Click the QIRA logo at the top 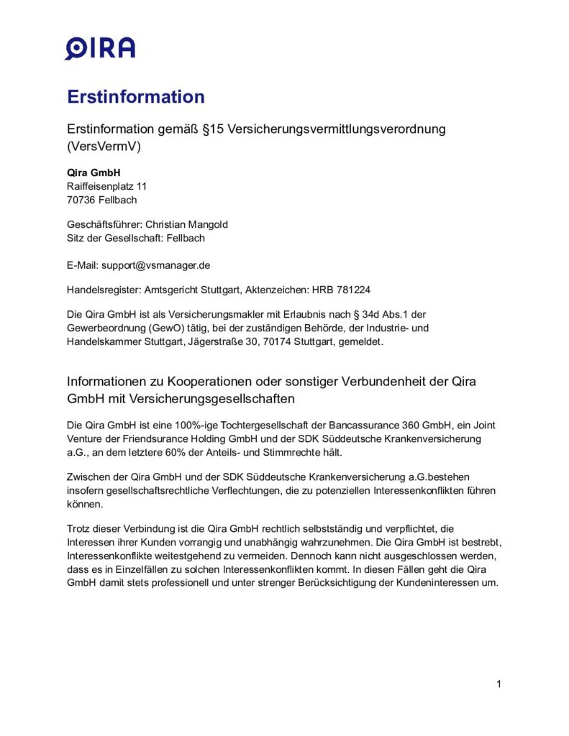click(x=100, y=48)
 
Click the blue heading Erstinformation click(x=136, y=97)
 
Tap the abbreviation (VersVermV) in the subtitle click(x=104, y=147)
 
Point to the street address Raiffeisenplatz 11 click(x=106, y=186)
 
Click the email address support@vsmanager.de click(x=155, y=264)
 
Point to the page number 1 click(x=499, y=684)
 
